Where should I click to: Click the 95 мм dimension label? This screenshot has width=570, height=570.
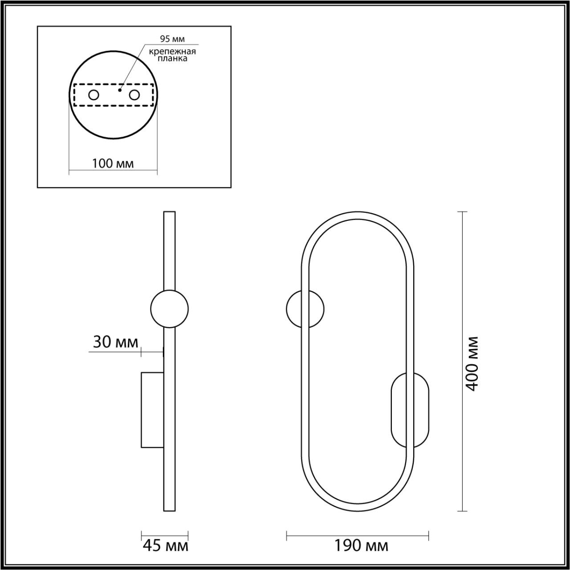tap(172, 39)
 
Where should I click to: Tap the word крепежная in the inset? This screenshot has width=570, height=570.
tap(172, 52)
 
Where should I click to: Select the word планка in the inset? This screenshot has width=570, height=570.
tap(172, 58)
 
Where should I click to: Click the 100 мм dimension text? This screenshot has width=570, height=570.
tap(113, 163)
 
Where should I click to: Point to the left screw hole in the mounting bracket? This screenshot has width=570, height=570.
tap(94, 95)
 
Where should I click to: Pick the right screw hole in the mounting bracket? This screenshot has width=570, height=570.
tap(134, 95)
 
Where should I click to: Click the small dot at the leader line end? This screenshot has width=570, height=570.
tap(119, 90)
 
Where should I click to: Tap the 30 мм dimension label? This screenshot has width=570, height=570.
tap(116, 342)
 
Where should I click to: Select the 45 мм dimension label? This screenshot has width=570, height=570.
tap(166, 546)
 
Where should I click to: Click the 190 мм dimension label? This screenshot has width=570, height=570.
tap(361, 546)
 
